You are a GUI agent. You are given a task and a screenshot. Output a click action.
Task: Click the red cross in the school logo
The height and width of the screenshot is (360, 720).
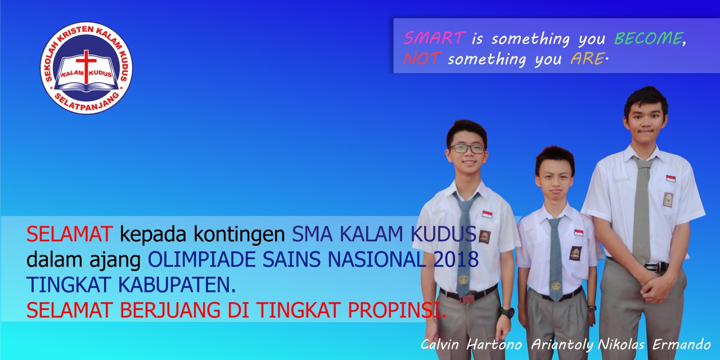(x=86, y=66)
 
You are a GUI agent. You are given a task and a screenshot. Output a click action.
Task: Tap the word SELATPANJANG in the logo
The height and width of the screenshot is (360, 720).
(x=87, y=102)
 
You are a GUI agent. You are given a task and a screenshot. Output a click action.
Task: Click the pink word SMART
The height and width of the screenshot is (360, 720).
(x=434, y=38)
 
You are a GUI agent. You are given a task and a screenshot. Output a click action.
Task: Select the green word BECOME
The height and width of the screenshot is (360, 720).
(x=649, y=38)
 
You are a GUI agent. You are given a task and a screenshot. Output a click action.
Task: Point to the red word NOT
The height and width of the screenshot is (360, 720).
(x=421, y=59)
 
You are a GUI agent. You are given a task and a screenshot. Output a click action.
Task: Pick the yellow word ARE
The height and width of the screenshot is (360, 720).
(x=587, y=59)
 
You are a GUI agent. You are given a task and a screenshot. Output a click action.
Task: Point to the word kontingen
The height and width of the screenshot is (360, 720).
(x=239, y=234)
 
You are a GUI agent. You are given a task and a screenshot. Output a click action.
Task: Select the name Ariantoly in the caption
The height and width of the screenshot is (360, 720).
(x=562, y=345)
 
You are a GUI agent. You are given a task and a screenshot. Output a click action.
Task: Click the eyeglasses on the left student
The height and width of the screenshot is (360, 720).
(x=467, y=149)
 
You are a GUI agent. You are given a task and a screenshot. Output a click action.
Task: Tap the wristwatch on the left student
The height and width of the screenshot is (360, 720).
(x=507, y=312)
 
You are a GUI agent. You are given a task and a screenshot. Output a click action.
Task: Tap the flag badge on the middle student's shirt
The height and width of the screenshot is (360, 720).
(x=579, y=233)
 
